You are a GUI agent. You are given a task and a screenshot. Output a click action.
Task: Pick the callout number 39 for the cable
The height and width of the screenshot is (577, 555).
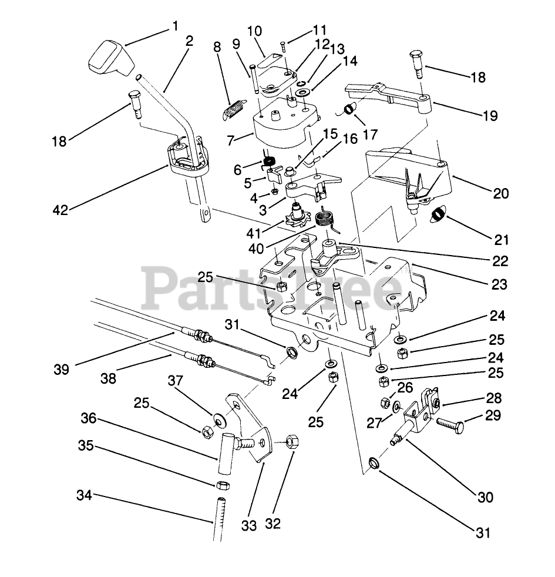(61, 369)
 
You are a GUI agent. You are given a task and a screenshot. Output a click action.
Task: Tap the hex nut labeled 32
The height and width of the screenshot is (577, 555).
(292, 441)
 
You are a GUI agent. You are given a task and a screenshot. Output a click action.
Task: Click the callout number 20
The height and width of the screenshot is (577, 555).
(501, 193)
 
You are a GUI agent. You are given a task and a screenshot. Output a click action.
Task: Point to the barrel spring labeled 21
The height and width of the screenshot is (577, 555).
(440, 216)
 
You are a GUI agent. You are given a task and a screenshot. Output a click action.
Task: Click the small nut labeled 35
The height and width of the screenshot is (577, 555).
(223, 485)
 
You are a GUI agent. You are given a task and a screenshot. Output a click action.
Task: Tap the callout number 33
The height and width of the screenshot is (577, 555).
(249, 525)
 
